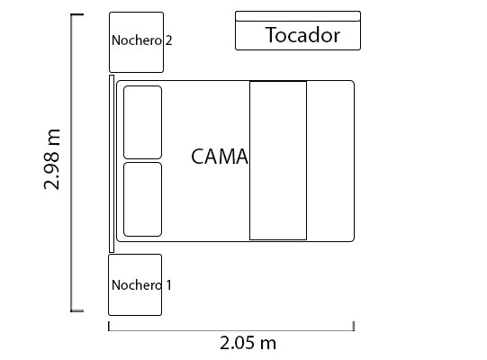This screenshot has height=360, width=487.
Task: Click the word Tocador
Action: coord(302,35)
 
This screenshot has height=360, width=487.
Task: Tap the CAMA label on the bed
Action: coord(220,157)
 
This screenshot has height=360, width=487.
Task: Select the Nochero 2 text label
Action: coord(141,40)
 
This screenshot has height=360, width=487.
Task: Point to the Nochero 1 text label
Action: coord(141,285)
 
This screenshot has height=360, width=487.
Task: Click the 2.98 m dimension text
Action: coord(51,158)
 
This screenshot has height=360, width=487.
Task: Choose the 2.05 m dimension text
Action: coord(248,343)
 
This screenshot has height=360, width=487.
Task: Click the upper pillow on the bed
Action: coord(142,122)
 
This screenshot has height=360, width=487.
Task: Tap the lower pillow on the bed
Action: coord(142,200)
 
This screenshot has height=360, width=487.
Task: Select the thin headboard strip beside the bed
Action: coord(112,164)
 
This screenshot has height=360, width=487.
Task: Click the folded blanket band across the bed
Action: coord(278,160)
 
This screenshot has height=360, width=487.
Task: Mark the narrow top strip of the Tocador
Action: coord(298,16)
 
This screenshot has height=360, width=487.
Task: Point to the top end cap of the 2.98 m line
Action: coord(77,14)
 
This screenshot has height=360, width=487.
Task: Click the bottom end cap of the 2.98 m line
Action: coord(77,310)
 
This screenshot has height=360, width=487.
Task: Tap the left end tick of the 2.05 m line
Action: coord(109,326)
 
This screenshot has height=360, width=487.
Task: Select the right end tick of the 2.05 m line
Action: coord(354,326)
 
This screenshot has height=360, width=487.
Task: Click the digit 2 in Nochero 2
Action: coord(168,40)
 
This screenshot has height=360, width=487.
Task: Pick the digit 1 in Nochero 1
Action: coord(168,285)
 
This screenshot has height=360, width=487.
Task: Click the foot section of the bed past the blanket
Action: coord(330,161)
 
